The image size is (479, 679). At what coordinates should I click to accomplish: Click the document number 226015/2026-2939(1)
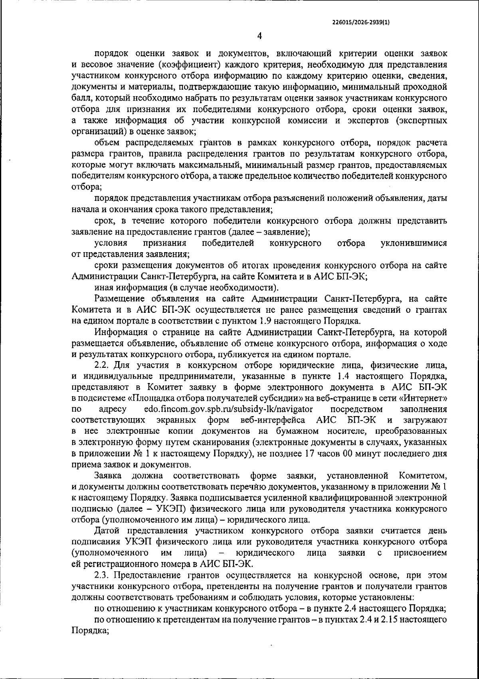pos(361,23)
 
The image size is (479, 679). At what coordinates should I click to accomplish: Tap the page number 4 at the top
pos(259,36)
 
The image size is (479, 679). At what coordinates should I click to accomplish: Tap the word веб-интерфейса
pos(273,420)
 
